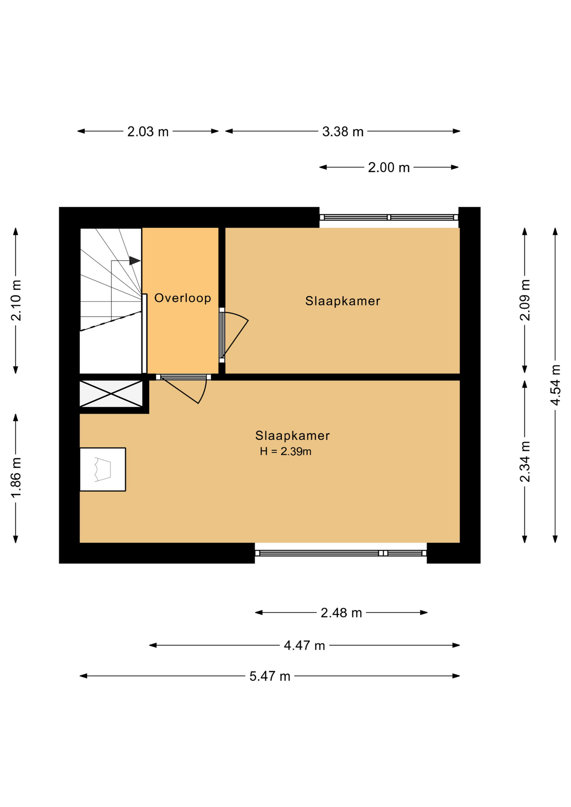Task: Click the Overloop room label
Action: coord(182,298)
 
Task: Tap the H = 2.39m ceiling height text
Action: coord(285,451)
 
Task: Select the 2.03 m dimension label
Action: coord(148,132)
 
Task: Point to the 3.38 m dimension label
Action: coord(343,132)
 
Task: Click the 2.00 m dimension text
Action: coord(389,167)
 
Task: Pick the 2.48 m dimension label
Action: coord(341,613)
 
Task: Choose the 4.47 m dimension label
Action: coord(304,645)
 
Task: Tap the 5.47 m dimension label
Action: coord(270,676)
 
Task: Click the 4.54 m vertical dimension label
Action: coord(555,385)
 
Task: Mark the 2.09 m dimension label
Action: coord(525,300)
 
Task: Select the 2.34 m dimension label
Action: coord(525,462)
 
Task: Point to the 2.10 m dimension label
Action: coord(16,300)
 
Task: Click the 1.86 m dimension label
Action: coord(16,478)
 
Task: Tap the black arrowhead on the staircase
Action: coord(135,261)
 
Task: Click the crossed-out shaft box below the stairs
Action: coord(111,393)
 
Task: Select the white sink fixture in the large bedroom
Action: coord(103,469)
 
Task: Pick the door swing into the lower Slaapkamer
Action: coord(184,389)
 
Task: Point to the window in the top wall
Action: coord(389,217)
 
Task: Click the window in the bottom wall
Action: coord(341,553)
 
